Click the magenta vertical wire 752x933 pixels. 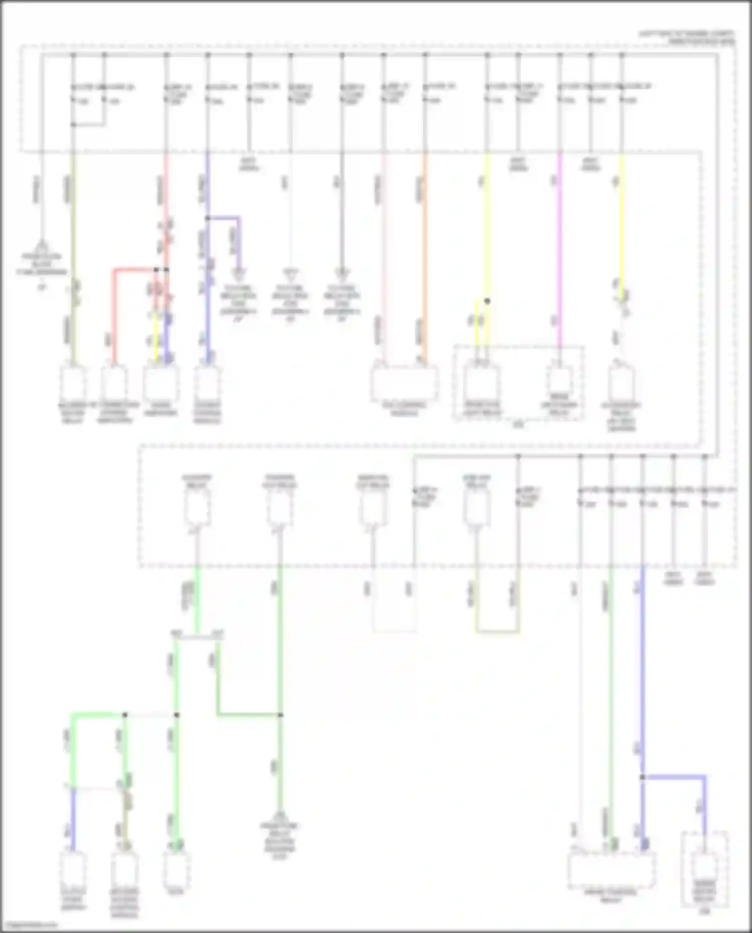click(560, 251)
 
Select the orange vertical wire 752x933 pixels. click(425, 251)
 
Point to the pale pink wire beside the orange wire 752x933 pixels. click(384, 251)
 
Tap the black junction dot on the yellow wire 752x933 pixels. click(487, 301)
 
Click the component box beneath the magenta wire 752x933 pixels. click(559, 383)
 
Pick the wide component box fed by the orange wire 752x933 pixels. click(404, 383)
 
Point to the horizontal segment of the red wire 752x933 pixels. click(134, 270)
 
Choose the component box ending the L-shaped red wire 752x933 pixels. click(114, 384)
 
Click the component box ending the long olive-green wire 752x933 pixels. click(73, 384)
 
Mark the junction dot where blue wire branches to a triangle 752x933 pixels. click(208, 218)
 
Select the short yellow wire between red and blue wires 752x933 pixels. click(156, 336)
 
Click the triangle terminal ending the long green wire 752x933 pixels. click(280, 816)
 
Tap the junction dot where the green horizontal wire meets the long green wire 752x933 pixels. click(280, 714)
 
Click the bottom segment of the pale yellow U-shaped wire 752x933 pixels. click(498, 632)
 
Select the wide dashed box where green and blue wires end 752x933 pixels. click(611, 870)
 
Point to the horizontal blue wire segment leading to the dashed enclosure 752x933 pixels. click(673, 777)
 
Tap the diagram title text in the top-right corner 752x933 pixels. click(687, 38)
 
